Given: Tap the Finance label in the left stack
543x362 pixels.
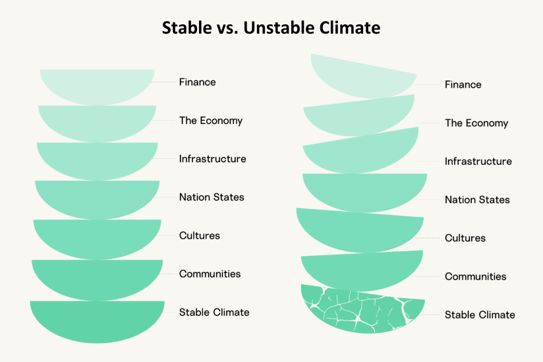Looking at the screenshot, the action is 198,82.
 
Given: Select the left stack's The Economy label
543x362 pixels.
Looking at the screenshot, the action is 211,121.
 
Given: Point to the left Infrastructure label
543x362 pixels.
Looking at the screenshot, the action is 213,159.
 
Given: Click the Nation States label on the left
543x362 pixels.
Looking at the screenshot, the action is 212,197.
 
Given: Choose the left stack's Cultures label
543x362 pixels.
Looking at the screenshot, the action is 200,235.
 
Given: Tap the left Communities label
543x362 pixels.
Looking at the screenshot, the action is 210,274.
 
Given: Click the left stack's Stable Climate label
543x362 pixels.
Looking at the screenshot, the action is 214,312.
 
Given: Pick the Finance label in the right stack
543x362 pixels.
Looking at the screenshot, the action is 463,84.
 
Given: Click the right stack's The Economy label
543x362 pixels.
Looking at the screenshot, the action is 476,123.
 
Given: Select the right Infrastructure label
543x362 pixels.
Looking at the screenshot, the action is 478,162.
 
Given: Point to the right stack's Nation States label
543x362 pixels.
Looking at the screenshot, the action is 477,200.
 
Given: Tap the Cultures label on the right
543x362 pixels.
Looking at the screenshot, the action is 465,238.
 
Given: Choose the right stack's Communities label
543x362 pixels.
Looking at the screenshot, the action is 476,276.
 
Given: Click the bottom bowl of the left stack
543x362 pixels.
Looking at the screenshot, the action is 98,320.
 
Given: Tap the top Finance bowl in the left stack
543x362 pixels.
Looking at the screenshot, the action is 98,86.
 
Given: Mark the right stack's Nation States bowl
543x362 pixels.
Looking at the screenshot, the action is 364,192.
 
